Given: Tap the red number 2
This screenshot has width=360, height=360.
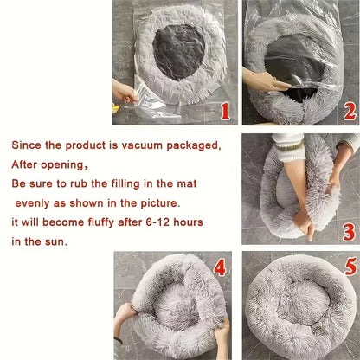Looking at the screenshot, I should (x=349, y=110).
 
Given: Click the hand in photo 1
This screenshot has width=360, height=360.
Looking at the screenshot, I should (x=124, y=91).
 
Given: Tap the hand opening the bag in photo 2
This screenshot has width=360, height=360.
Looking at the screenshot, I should (x=260, y=82).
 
